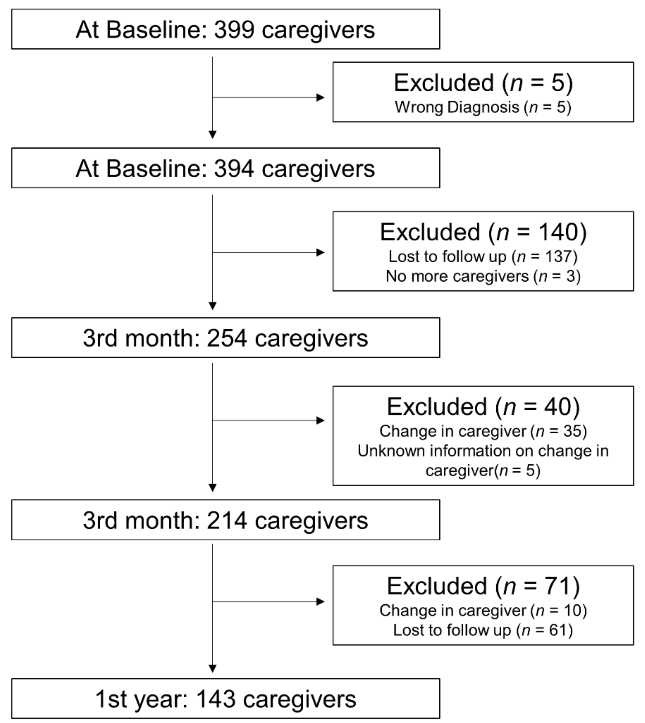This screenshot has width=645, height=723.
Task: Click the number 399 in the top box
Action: [x=234, y=29]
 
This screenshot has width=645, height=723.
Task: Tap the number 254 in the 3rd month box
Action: [x=227, y=338]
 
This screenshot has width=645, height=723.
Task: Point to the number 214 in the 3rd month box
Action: [x=227, y=521]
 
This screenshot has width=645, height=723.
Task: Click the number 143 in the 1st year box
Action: [x=216, y=699]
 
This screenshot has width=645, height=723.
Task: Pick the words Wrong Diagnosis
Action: [x=457, y=107]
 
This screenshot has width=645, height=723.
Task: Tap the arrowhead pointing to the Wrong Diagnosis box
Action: [x=320, y=97]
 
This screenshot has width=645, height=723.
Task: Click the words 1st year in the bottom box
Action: [x=141, y=699]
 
